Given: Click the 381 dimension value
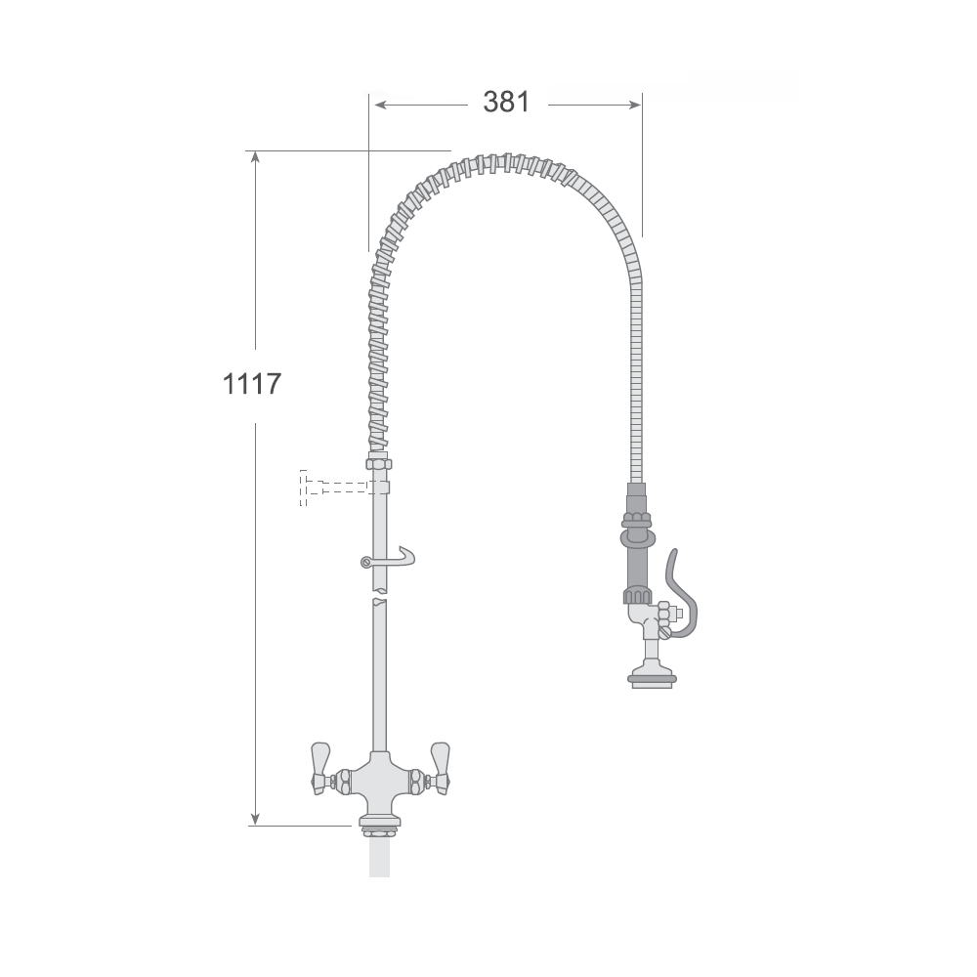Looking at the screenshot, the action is point(506,102).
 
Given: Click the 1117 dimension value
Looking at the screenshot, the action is point(252,384).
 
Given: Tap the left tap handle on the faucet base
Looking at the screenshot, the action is point(320,768).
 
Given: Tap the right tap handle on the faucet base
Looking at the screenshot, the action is point(440,768).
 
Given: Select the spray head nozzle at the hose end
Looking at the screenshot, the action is point(651,677).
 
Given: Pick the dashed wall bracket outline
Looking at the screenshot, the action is point(336,488).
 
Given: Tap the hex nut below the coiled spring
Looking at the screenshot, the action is point(379,463).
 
